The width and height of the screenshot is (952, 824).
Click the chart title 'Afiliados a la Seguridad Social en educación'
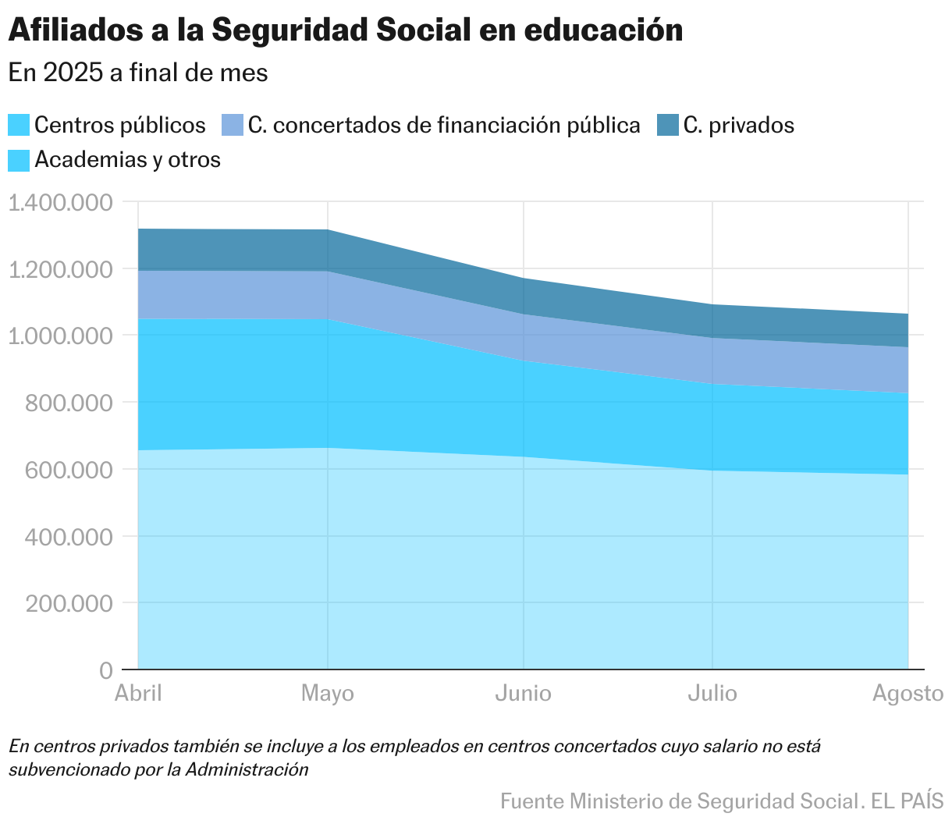(x=346, y=30)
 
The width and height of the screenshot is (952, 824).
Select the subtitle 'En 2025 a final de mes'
(x=138, y=73)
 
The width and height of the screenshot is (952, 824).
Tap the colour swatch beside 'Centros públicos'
(x=19, y=125)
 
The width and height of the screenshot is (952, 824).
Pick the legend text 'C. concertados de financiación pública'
(x=443, y=125)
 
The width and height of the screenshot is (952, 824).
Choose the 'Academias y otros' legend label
(x=127, y=160)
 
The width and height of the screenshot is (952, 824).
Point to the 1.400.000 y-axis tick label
(x=61, y=202)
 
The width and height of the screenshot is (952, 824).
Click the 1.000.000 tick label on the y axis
(x=61, y=336)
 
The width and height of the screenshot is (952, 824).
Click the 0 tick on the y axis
(x=106, y=670)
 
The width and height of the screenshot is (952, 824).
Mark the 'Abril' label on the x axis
(x=138, y=694)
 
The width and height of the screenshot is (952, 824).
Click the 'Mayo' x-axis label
(x=328, y=694)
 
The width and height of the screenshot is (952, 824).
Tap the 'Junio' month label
(x=523, y=694)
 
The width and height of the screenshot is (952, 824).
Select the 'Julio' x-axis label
(x=712, y=694)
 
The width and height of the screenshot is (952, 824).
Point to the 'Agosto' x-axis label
(x=908, y=694)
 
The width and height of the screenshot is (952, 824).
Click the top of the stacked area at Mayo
(x=328, y=230)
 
